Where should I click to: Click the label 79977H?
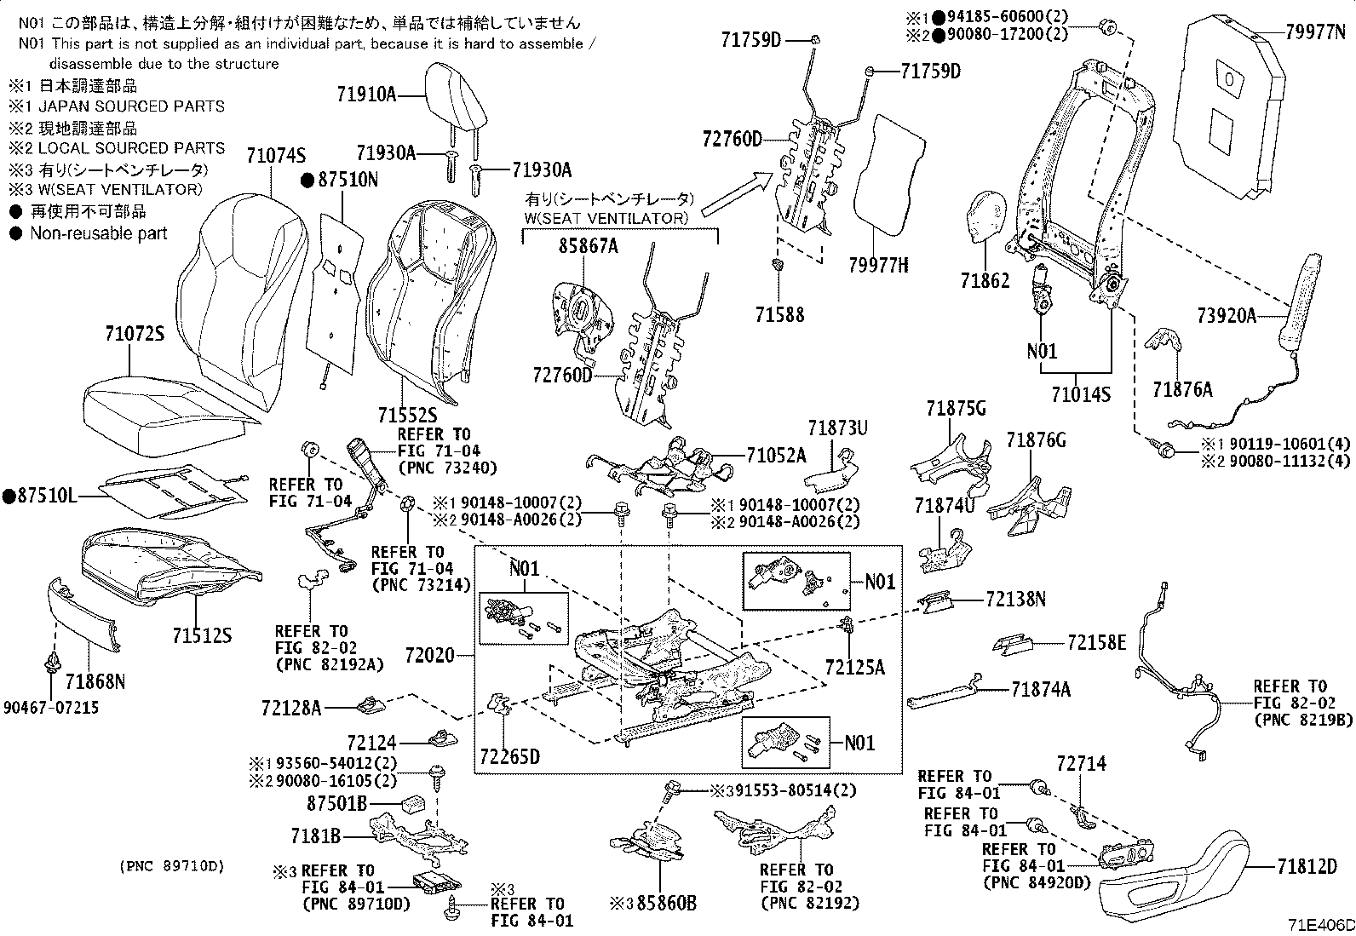[x=878, y=266]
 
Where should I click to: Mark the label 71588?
[x=779, y=314]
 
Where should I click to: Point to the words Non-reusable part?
[x=99, y=233]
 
